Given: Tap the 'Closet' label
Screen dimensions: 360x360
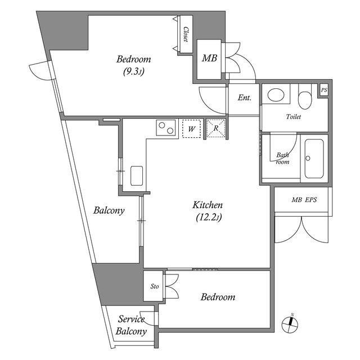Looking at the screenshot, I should click(186, 35).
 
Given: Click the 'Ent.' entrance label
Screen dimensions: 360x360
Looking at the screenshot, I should click(244, 98).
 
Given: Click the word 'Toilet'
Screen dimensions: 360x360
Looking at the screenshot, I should click(294, 118).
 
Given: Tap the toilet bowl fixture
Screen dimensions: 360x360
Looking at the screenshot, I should click(304, 99).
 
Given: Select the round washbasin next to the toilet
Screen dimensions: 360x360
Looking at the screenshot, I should click(276, 95).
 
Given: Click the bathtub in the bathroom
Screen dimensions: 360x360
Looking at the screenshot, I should click(313, 159).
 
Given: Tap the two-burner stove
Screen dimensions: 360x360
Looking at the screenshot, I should click(166, 129).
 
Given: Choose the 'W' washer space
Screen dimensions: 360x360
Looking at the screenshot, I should click(192, 129).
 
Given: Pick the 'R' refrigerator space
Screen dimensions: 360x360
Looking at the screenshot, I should click(216, 128).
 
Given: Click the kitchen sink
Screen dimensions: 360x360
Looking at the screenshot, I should click(137, 175).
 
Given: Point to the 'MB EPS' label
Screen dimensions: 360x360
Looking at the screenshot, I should click(303, 200).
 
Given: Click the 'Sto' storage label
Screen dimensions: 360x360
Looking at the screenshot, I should click(155, 286).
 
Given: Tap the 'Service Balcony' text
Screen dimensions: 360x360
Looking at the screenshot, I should click(132, 326).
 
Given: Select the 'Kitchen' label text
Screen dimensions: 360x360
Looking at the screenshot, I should click(208, 205).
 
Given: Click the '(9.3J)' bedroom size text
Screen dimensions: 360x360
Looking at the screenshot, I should click(134, 71).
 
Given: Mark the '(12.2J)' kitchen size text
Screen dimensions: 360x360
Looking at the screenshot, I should click(208, 217).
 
